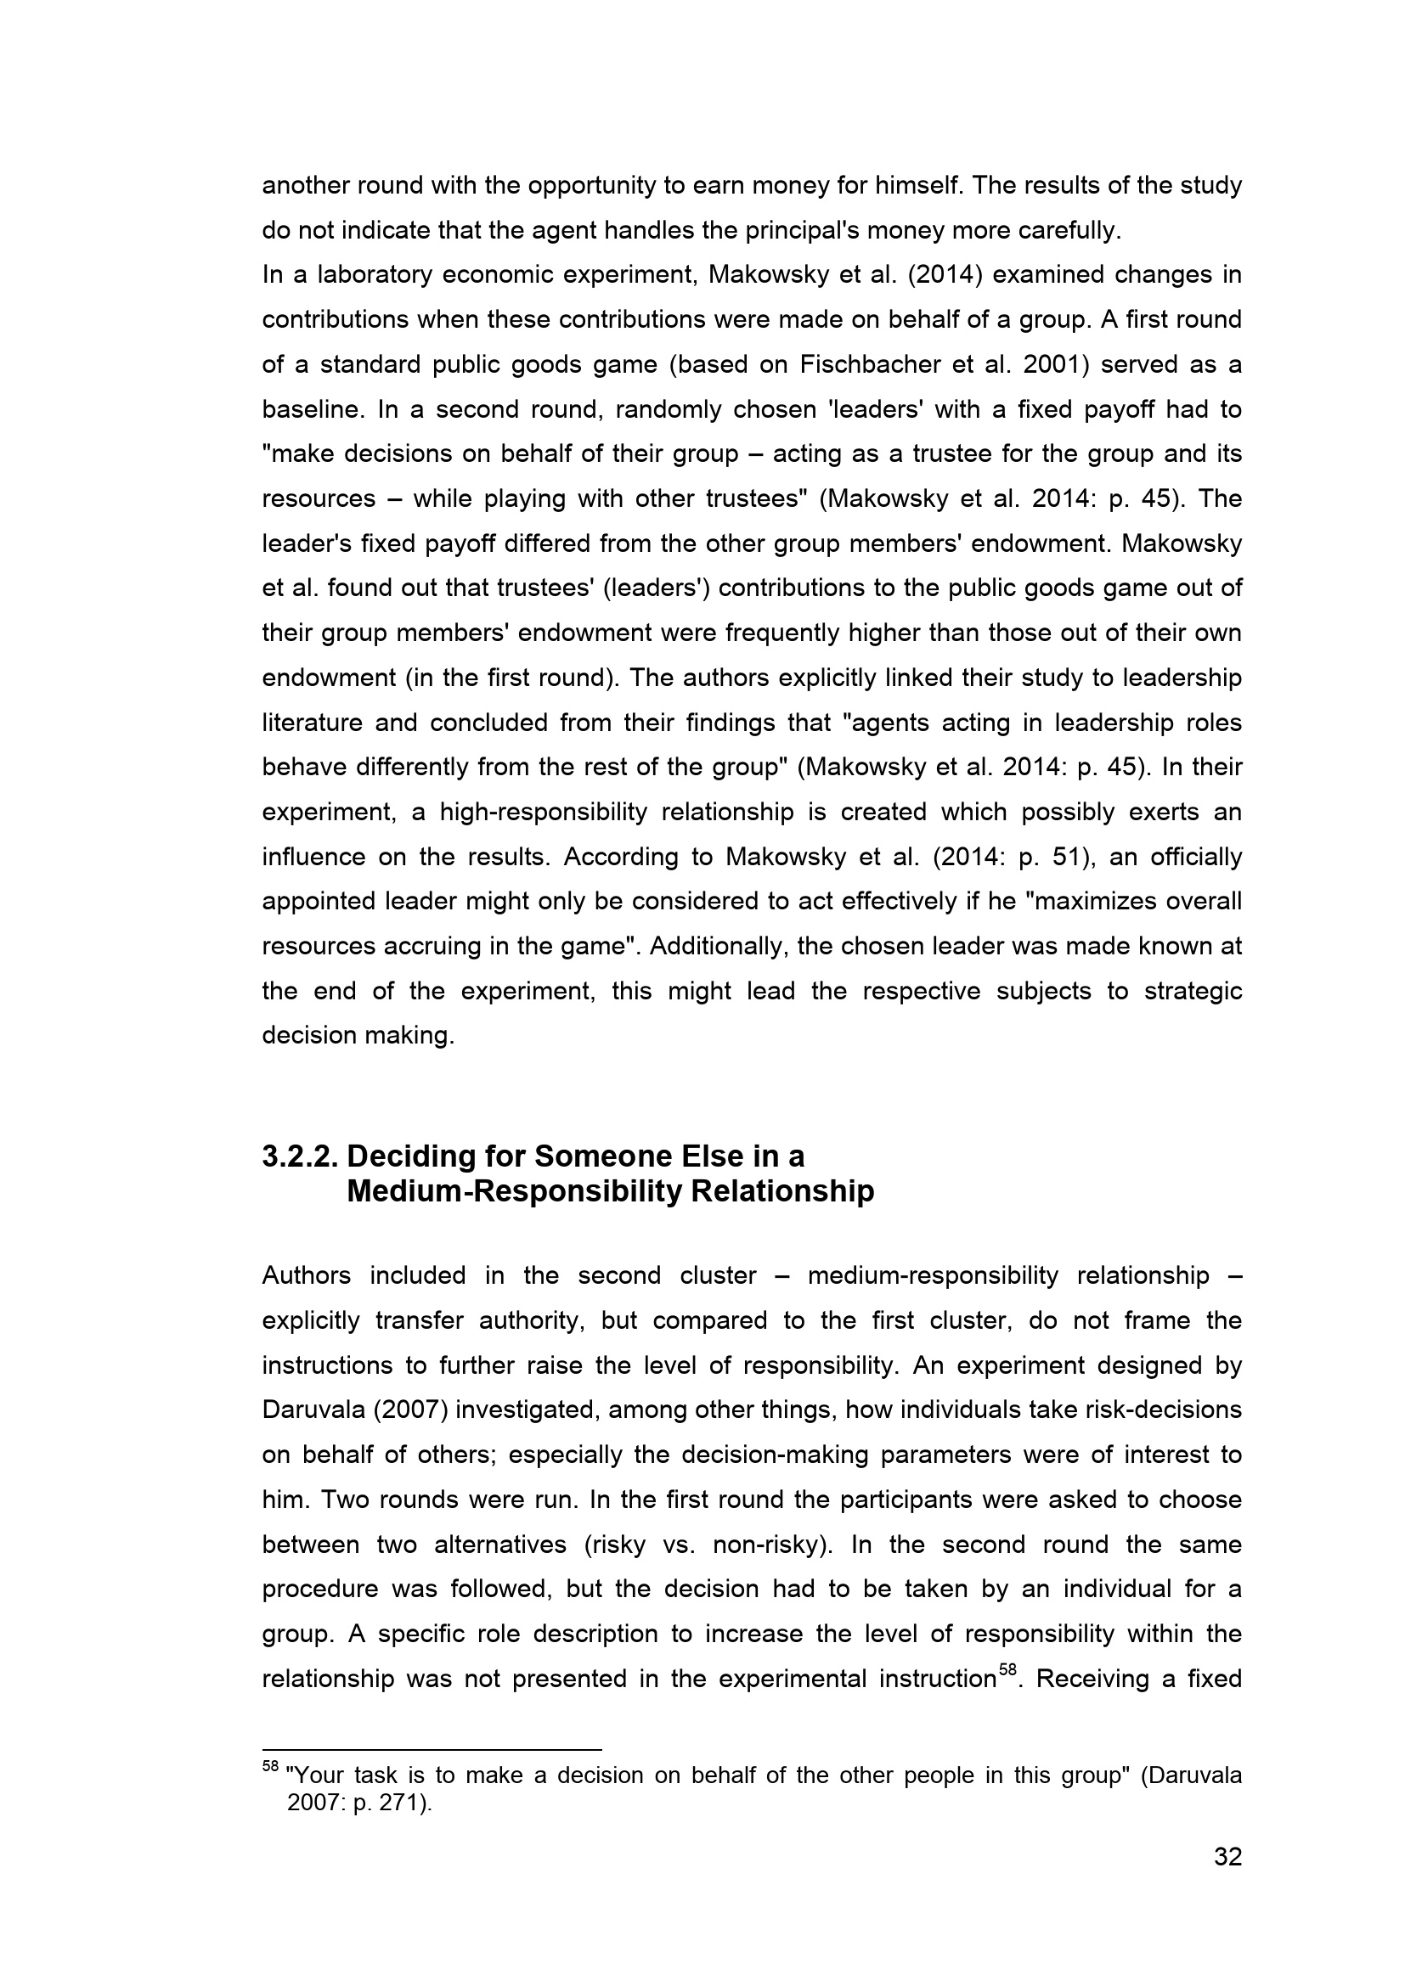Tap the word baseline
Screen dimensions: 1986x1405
point(311,409)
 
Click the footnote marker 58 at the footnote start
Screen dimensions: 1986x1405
point(270,1765)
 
